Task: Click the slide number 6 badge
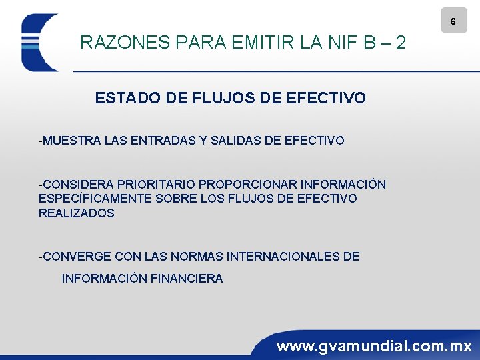point(453,21)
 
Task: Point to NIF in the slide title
point(339,43)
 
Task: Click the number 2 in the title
point(400,43)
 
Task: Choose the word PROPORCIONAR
point(248,184)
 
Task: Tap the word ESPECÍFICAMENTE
point(91,199)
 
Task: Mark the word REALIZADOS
point(76,213)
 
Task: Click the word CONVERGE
point(75,257)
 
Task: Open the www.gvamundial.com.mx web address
point(374,347)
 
